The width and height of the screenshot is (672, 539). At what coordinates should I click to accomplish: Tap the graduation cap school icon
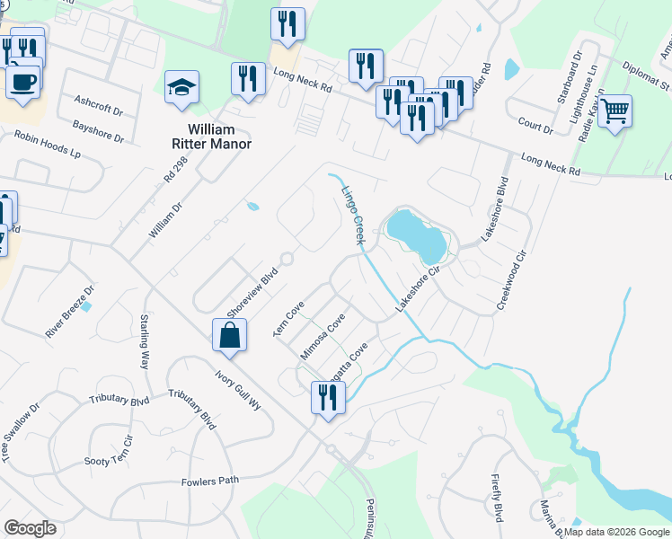click(x=182, y=89)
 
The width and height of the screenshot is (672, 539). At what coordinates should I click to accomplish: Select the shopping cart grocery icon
click(x=615, y=112)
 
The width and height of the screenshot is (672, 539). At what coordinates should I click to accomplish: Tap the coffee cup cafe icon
click(x=23, y=82)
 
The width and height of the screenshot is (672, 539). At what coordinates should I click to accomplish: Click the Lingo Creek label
click(x=352, y=216)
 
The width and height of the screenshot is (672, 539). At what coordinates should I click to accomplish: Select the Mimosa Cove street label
click(x=323, y=336)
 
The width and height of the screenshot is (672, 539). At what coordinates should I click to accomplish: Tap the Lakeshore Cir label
click(x=417, y=294)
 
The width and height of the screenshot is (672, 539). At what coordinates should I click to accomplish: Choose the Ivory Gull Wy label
click(x=237, y=390)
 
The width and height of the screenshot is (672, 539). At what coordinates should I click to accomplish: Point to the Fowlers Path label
click(x=210, y=481)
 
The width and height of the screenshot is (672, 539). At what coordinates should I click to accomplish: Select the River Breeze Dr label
click(x=70, y=311)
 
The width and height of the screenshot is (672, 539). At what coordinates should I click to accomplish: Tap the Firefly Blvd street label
click(x=497, y=498)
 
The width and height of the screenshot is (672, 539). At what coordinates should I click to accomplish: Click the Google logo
click(x=30, y=528)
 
